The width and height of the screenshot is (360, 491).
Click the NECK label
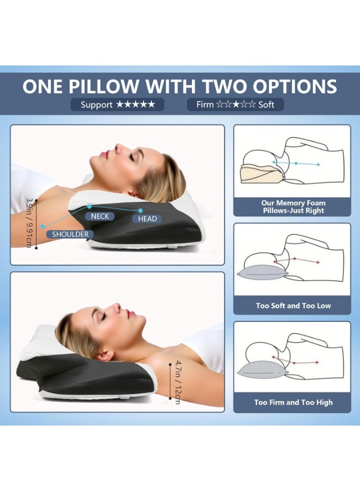(x=100, y=217)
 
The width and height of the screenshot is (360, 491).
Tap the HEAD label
(x=147, y=219)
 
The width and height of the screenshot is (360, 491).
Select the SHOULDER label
(x=70, y=234)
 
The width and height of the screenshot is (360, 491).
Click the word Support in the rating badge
(x=97, y=105)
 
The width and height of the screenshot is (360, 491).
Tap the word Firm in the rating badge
(x=205, y=105)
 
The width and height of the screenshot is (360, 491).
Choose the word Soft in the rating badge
(x=266, y=105)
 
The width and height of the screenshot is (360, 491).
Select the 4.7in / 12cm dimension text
(x=178, y=382)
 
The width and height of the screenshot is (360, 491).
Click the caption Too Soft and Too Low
(x=293, y=306)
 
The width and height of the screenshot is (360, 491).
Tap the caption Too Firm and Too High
(x=293, y=403)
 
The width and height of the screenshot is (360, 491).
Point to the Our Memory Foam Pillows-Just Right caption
(x=293, y=207)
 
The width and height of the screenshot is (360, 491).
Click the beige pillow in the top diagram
(x=262, y=174)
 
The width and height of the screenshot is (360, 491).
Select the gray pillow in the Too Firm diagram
(x=262, y=370)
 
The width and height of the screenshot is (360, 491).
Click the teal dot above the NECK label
(x=89, y=206)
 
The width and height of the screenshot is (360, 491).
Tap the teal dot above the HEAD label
(x=141, y=211)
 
